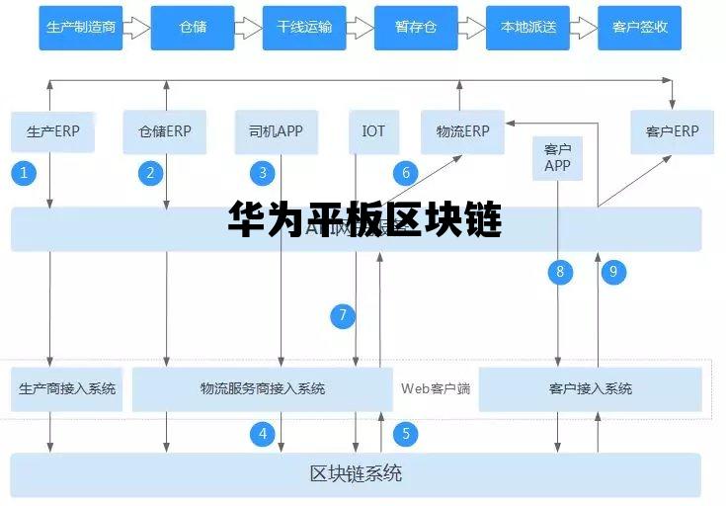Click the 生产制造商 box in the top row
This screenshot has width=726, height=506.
pos(81,28)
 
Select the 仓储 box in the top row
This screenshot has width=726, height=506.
pos(193,28)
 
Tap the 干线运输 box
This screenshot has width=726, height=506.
pos(304,28)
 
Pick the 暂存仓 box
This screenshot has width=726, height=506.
pos(416,28)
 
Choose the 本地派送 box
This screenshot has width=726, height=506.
pos(527,28)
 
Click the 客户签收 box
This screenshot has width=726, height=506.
pos(639,28)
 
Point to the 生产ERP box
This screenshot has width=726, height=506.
pos(52,131)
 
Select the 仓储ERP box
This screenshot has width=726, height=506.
pos(165,131)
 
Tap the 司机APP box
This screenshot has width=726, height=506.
pos(277,131)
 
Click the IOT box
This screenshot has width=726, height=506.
pos(373,131)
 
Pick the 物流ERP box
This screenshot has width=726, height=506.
pos(462,131)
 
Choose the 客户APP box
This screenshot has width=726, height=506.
pos(557,157)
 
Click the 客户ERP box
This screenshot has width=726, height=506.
pos(672,131)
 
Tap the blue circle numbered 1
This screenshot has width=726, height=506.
pos(24,173)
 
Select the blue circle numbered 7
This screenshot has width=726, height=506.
pos(343,316)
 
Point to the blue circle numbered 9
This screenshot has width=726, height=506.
pos(613,271)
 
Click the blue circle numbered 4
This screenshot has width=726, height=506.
pos(263,433)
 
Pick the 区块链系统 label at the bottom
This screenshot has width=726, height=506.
pos(356,473)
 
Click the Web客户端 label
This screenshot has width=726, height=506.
pos(436,388)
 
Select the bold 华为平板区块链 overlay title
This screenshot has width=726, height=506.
pos(364,219)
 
